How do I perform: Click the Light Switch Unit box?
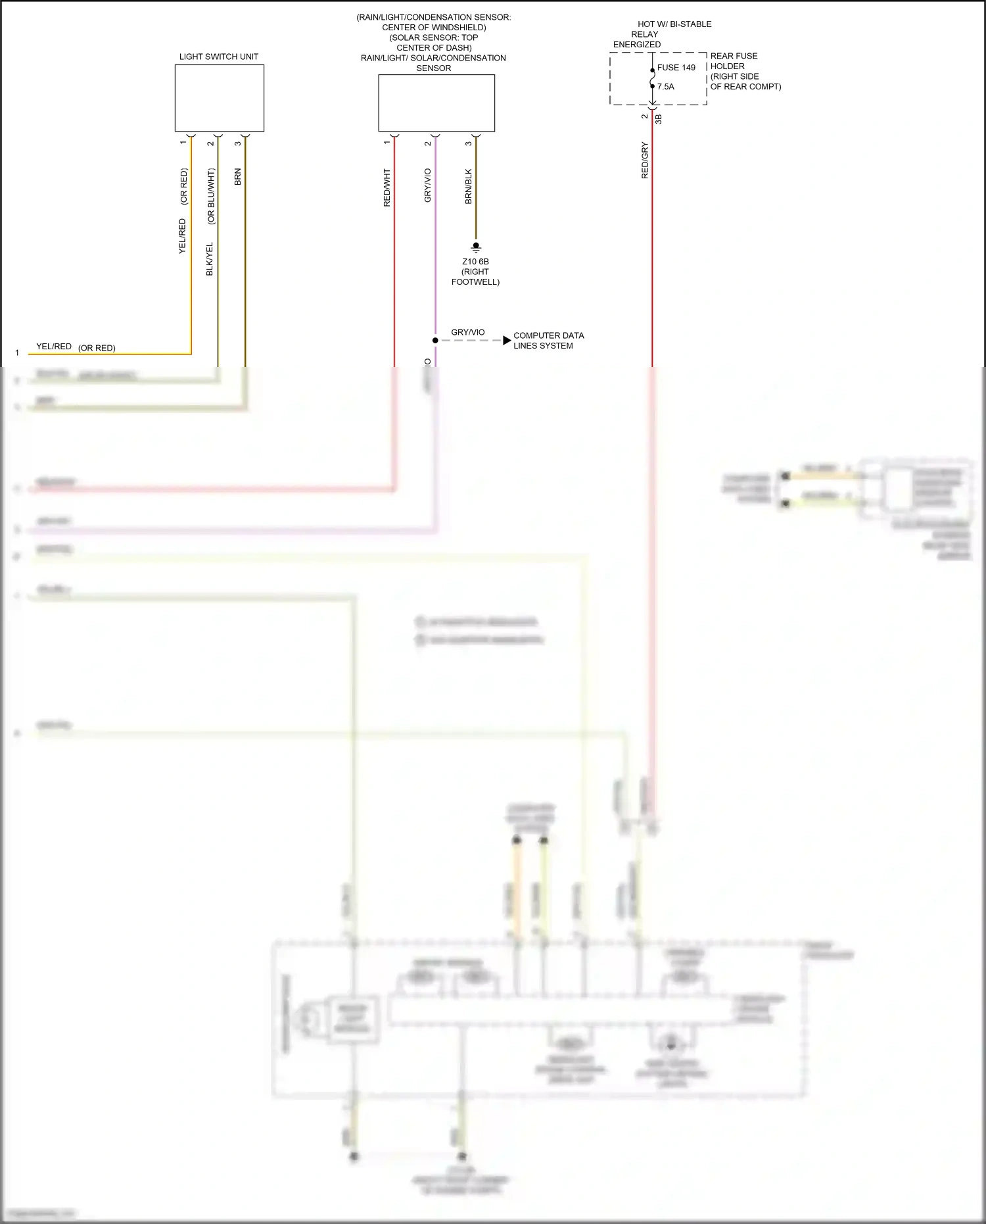[219, 98]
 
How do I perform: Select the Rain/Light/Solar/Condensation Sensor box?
[436, 103]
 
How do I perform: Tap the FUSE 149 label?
[676, 68]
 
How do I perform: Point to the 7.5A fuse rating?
[665, 87]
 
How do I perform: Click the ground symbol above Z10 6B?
[476, 248]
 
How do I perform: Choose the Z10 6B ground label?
[475, 262]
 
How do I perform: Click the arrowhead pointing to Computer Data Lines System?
[507, 341]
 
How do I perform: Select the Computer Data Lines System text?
[548, 341]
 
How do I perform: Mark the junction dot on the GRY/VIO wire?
[435, 341]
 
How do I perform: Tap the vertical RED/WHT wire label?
[387, 188]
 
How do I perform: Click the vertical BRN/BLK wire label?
[469, 187]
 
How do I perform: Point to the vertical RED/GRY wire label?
[645, 160]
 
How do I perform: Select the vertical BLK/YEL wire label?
[210, 259]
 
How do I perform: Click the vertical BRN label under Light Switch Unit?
[238, 177]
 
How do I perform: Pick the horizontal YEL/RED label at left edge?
[54, 347]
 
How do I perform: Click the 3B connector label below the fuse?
[659, 119]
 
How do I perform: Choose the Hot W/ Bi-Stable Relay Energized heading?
[663, 34]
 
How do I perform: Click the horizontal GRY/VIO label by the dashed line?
[468, 333]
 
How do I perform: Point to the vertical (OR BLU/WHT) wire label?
[211, 197]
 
